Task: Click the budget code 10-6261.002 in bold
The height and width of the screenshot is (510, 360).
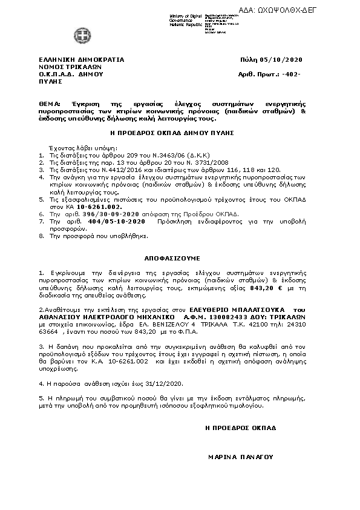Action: tap(94, 207)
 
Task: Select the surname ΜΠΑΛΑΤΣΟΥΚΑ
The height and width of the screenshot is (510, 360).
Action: tap(265, 310)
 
